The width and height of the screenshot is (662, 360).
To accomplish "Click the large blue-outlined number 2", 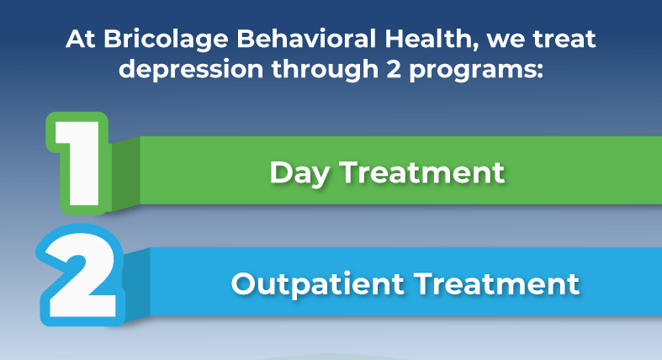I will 80,273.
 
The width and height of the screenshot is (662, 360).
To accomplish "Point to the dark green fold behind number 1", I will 124,172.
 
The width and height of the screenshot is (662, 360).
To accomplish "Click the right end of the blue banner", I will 648,282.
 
